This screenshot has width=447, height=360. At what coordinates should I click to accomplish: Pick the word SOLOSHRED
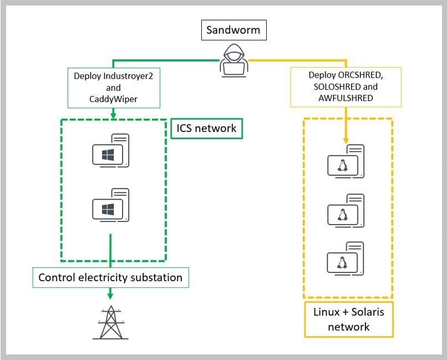tap(333, 86)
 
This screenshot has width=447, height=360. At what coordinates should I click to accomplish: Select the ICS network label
tap(206, 129)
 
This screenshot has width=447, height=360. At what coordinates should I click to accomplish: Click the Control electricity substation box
tap(110, 277)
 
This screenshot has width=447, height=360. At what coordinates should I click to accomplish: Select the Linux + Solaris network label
tap(348, 319)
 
